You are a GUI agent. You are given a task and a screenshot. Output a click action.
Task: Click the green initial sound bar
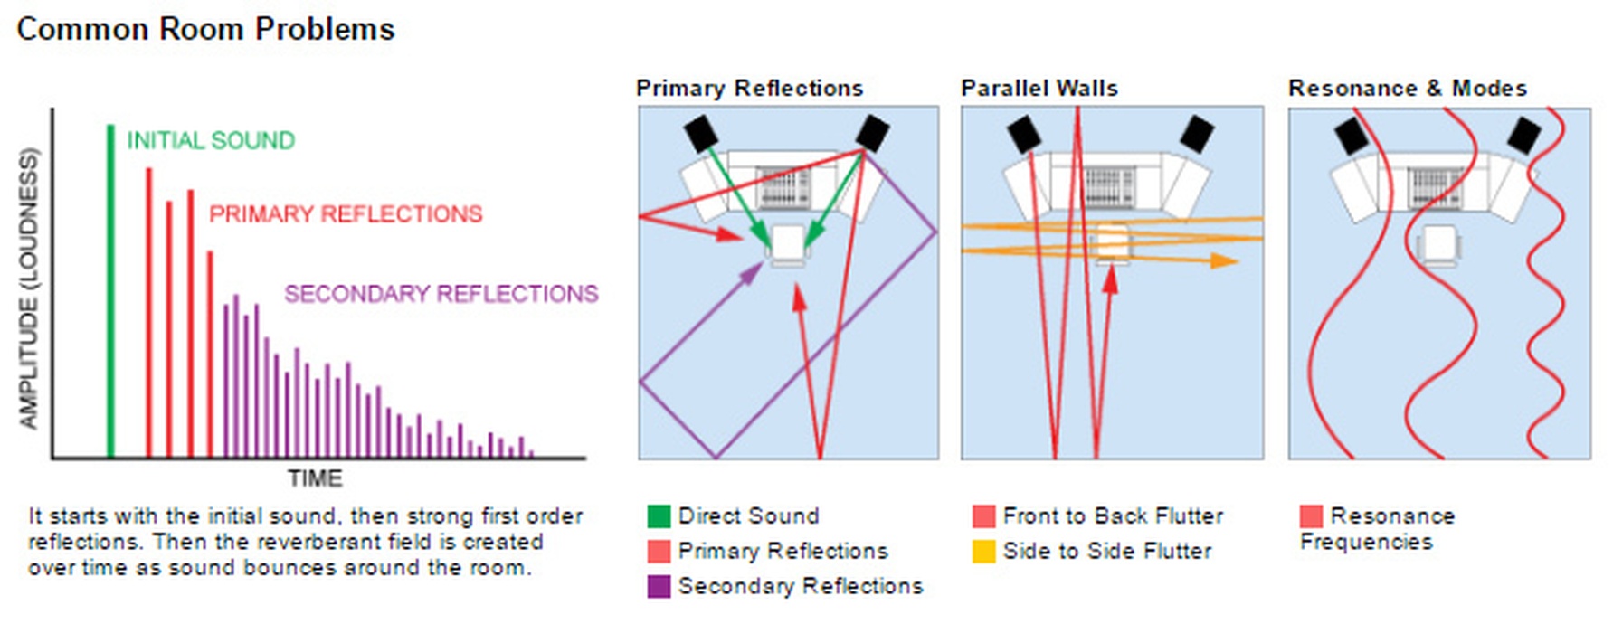(110, 289)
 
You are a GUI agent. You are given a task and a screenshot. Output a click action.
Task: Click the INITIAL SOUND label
(211, 141)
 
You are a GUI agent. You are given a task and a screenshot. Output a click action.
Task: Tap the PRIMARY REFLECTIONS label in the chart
(346, 214)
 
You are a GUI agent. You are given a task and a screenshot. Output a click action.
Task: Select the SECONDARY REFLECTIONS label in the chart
(441, 294)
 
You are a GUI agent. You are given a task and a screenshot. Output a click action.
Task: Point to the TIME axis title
(315, 478)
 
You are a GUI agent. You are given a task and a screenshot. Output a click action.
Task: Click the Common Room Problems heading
(206, 29)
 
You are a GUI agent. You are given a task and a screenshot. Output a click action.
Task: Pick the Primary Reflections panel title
(749, 89)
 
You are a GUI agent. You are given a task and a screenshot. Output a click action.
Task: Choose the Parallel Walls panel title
(1039, 89)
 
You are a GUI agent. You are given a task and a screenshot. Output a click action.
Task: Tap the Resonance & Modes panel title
(1408, 89)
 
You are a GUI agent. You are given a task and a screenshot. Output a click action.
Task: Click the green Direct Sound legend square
(659, 516)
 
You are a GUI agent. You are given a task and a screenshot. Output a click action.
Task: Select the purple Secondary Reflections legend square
(659, 587)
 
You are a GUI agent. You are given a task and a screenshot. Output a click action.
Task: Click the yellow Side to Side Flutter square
(983, 552)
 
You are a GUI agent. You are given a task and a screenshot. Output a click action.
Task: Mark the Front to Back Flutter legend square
(983, 516)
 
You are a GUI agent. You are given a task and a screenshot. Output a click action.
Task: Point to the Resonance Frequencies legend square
(1311, 516)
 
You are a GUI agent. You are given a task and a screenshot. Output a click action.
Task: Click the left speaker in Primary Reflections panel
(702, 134)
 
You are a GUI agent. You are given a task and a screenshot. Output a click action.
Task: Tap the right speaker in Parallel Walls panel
(1196, 134)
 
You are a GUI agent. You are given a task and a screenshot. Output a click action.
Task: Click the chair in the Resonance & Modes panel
(1437, 245)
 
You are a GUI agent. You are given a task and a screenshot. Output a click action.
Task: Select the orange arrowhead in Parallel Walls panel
(1225, 260)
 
